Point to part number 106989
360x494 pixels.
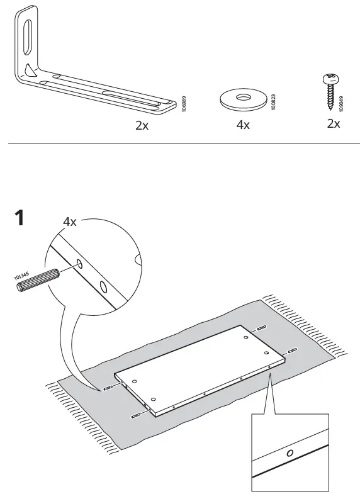click(x=184, y=103)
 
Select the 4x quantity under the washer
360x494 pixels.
click(x=243, y=125)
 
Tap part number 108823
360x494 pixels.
click(x=274, y=103)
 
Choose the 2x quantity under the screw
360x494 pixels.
click(x=334, y=123)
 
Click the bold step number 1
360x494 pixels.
click(x=20, y=219)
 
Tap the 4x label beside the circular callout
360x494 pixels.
click(x=70, y=222)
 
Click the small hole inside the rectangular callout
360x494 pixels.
click(x=289, y=454)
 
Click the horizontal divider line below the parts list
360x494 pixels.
click(x=180, y=144)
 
